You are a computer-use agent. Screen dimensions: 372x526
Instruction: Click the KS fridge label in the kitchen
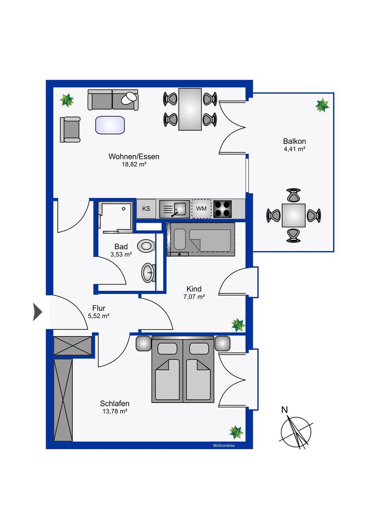pos(146,209)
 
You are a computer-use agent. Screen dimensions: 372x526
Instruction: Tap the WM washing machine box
pos(201,209)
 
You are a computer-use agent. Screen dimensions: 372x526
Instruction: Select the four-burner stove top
pos(223,209)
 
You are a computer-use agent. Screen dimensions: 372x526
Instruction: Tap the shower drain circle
pos(124,209)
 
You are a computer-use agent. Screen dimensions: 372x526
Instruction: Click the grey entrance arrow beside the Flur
pos(38,312)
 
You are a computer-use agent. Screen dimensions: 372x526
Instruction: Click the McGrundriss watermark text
pos(224,445)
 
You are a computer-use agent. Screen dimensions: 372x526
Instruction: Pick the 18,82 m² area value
pos(134,164)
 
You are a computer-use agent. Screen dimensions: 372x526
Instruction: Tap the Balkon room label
pos(294,141)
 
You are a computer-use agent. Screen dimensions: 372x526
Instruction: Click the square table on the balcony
pos(293,216)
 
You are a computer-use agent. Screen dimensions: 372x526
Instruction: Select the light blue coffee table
pos(110,125)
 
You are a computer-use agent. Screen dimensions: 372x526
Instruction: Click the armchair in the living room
pos(70,129)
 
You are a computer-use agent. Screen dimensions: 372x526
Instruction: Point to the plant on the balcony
pos(322,105)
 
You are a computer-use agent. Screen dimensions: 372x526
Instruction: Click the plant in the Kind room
pos(238,325)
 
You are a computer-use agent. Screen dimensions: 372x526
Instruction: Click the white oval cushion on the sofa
pos(129,98)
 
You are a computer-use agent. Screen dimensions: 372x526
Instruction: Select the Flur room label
pos(99,308)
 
